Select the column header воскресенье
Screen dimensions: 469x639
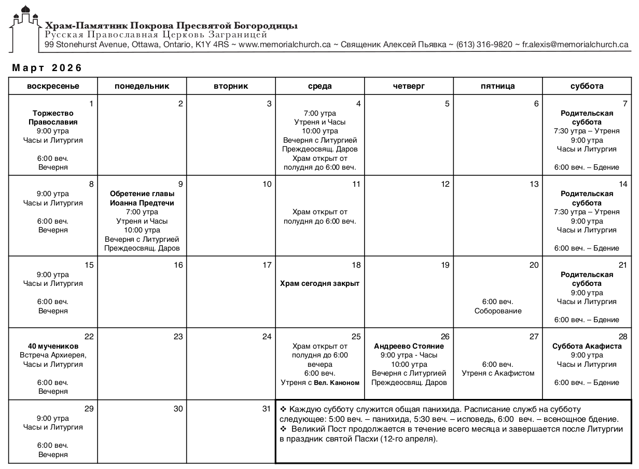click(x=53, y=86)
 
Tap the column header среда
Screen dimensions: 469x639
click(x=320, y=86)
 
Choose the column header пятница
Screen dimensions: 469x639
click(x=497, y=86)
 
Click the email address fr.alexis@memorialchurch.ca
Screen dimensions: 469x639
click(x=575, y=45)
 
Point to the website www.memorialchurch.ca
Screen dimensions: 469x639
click(x=284, y=45)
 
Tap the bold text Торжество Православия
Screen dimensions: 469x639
click(x=53, y=118)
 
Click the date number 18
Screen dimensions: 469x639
click(x=356, y=265)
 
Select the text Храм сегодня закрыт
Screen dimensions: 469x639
click(x=320, y=283)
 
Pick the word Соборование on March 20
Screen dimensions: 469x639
click(x=498, y=311)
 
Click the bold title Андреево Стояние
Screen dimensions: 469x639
click(x=409, y=346)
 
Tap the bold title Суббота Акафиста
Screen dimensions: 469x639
click(x=587, y=346)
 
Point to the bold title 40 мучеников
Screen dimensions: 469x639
click(x=53, y=346)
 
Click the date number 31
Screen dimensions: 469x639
click(x=267, y=409)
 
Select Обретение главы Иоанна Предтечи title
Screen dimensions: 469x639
click(x=142, y=198)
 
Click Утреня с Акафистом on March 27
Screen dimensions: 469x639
click(x=498, y=373)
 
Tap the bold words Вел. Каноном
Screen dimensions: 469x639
click(x=337, y=383)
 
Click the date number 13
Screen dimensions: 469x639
click(x=534, y=184)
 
